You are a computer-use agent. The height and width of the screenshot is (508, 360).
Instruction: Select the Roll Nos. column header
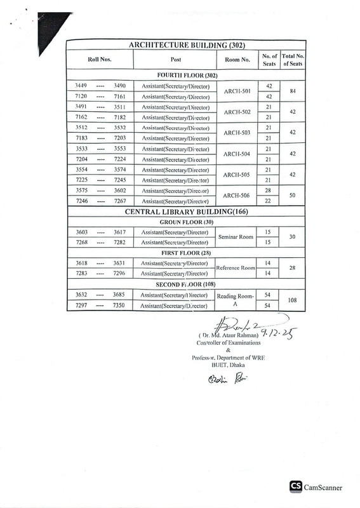(100, 60)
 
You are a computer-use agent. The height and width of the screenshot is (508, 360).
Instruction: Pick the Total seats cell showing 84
(293, 91)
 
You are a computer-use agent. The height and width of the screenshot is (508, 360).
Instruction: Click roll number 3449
(81, 85)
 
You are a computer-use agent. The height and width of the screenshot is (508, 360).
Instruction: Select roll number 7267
(119, 201)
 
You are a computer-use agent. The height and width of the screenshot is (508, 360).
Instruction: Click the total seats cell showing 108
(293, 300)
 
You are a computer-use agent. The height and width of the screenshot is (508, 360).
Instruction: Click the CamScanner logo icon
(296, 486)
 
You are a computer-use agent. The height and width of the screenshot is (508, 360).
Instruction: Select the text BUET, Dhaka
(229, 364)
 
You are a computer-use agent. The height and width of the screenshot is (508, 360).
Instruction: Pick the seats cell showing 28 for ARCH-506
(269, 190)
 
